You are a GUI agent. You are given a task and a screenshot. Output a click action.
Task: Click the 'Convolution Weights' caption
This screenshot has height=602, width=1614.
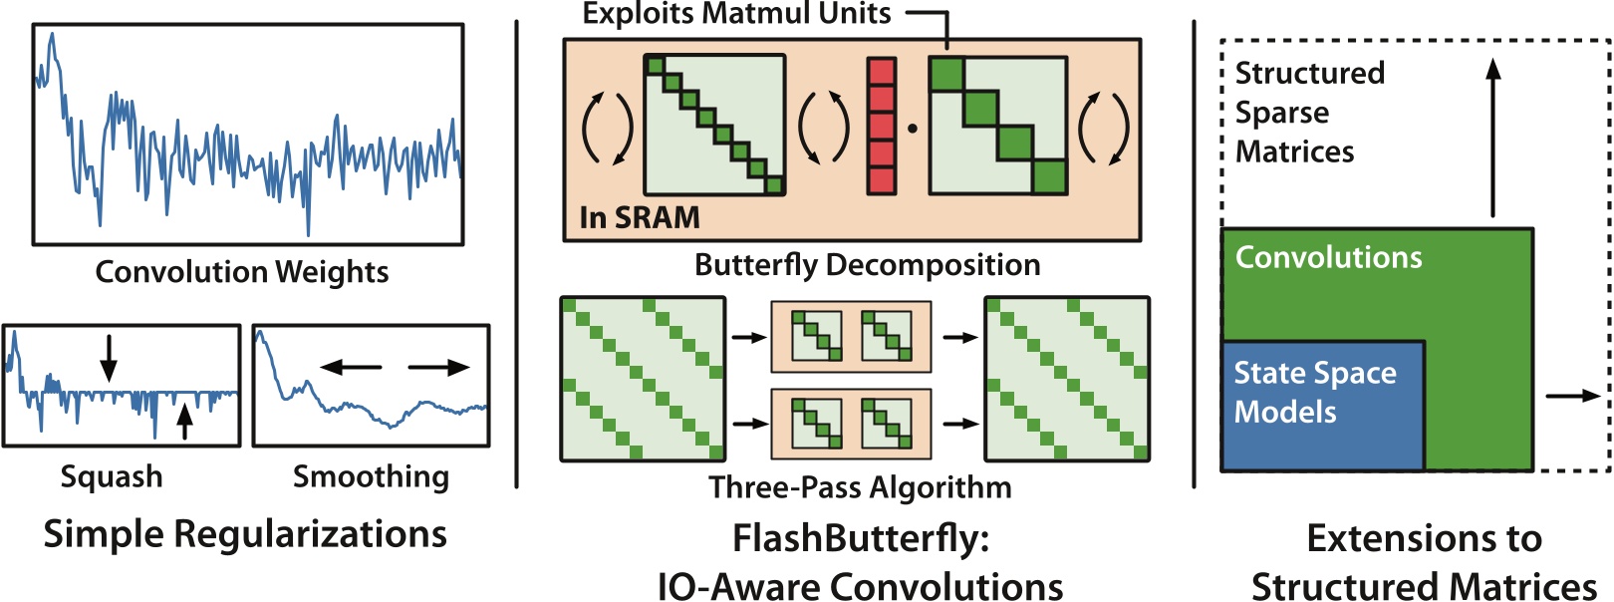242,272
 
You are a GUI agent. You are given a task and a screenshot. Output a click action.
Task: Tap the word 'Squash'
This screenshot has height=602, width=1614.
112,476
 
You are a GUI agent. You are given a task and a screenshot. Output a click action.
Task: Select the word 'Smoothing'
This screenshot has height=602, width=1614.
371,476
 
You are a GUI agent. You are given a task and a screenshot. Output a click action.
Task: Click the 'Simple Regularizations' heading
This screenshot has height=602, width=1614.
245,534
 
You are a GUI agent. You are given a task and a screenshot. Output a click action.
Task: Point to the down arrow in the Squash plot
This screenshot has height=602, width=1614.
109,358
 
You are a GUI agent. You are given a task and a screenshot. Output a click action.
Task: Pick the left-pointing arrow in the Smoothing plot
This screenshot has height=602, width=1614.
350,368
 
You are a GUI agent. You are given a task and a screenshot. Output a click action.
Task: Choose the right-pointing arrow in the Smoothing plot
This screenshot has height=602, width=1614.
438,368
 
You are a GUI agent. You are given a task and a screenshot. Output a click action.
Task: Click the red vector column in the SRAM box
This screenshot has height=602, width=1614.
881,126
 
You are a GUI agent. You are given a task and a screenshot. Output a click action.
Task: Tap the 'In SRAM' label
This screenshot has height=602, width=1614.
640,217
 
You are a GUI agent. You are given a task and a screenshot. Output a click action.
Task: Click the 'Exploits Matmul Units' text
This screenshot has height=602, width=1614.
736,14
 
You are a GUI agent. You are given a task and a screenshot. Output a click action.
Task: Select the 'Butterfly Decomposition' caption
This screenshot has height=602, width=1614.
867,265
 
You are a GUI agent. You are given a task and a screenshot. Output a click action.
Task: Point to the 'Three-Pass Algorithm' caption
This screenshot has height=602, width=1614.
860,487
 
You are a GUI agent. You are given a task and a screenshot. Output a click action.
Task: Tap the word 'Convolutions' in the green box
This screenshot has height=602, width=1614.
1328,257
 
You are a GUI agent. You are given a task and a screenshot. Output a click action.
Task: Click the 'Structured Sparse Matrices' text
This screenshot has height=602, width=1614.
1309,112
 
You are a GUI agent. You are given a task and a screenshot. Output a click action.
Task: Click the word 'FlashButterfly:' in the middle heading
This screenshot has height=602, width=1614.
861,538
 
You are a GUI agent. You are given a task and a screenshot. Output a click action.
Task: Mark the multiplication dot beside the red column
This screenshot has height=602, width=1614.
912,128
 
